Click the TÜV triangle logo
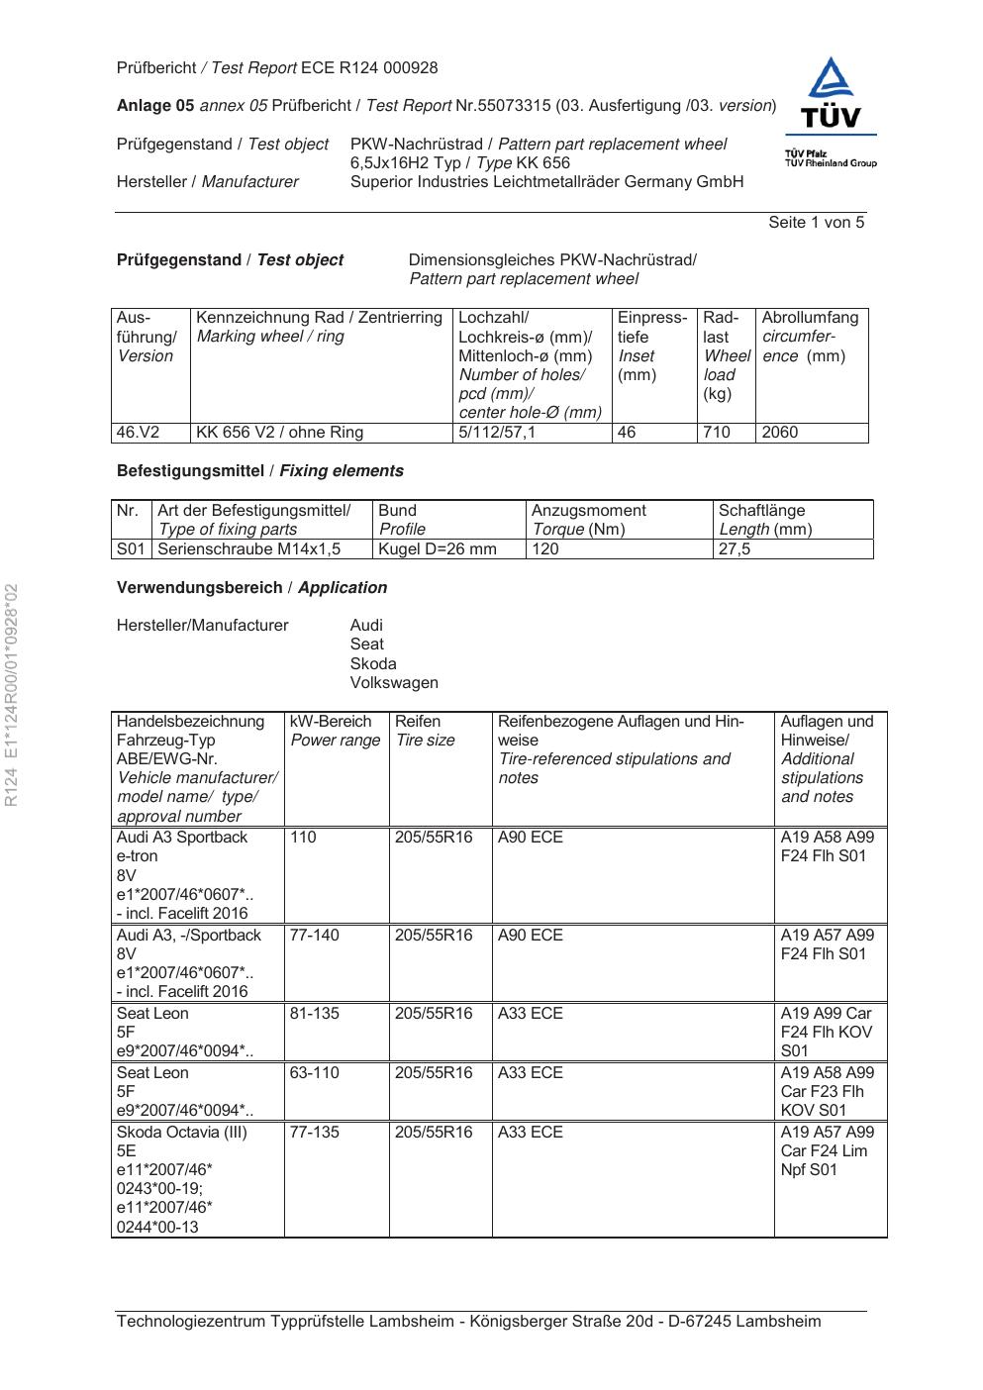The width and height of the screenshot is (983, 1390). [832, 92]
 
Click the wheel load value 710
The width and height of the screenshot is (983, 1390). [716, 433]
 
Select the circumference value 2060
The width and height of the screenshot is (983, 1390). [780, 433]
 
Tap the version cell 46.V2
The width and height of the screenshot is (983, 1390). [138, 433]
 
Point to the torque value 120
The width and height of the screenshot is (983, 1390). [545, 549]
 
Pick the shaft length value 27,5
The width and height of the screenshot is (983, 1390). [735, 549]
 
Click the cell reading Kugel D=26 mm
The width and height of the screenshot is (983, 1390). [438, 549]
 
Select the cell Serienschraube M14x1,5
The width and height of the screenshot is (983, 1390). [249, 549]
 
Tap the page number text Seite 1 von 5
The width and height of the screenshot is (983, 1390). [816, 223]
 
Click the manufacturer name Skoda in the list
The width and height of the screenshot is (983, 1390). [373, 664]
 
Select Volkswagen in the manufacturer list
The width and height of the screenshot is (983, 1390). [394, 683]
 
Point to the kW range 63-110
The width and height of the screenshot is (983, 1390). [313, 1073]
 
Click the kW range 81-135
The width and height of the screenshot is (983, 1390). [313, 1014]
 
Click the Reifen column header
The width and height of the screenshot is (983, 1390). [418, 722]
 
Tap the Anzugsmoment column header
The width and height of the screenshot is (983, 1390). [589, 511]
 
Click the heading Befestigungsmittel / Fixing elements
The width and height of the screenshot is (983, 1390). [259, 471]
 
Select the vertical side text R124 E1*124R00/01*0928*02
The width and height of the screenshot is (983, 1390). [13, 696]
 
